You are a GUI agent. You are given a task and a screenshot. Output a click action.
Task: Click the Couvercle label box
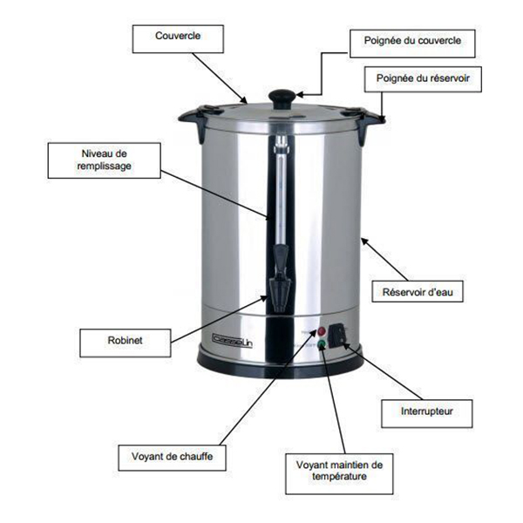click(178, 38)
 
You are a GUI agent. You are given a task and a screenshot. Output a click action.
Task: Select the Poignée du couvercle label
click(412, 44)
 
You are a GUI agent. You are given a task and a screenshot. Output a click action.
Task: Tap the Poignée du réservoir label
click(423, 79)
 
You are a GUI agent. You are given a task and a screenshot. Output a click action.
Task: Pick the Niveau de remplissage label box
click(104, 160)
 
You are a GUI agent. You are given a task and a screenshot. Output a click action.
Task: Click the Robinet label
click(125, 343)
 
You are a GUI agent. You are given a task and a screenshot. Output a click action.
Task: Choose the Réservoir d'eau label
click(418, 291)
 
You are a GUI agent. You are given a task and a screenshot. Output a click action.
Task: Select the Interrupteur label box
click(426, 413)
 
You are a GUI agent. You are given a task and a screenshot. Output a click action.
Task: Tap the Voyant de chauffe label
click(172, 458)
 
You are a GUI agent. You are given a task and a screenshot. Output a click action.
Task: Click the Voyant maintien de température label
click(339, 473)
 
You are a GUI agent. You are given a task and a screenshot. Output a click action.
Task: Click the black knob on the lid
click(282, 98)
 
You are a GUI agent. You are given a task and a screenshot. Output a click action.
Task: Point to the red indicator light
click(322, 331)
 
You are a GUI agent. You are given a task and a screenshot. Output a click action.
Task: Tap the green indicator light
click(322, 344)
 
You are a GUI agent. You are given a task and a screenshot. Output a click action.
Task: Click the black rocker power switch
click(336, 336)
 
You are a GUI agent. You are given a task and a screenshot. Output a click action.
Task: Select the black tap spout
click(280, 279)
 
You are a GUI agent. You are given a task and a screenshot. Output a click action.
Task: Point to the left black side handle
click(196, 121)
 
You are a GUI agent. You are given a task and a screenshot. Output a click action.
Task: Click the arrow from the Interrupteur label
click(383, 370)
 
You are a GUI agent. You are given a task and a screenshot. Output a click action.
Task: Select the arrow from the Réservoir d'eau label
click(384, 259)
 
